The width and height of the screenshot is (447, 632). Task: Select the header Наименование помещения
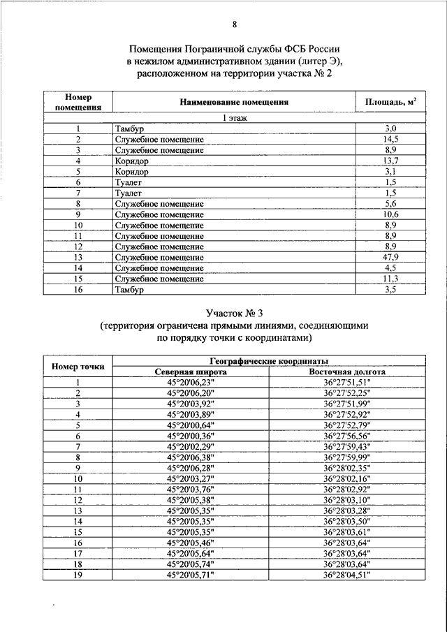(x=233, y=103)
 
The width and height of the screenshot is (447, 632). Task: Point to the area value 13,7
(x=390, y=161)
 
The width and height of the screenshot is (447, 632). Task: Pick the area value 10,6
(x=390, y=214)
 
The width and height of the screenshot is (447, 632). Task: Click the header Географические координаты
(x=278, y=361)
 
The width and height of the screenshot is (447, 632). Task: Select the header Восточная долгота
(x=347, y=372)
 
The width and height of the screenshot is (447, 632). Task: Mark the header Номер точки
(x=78, y=367)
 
